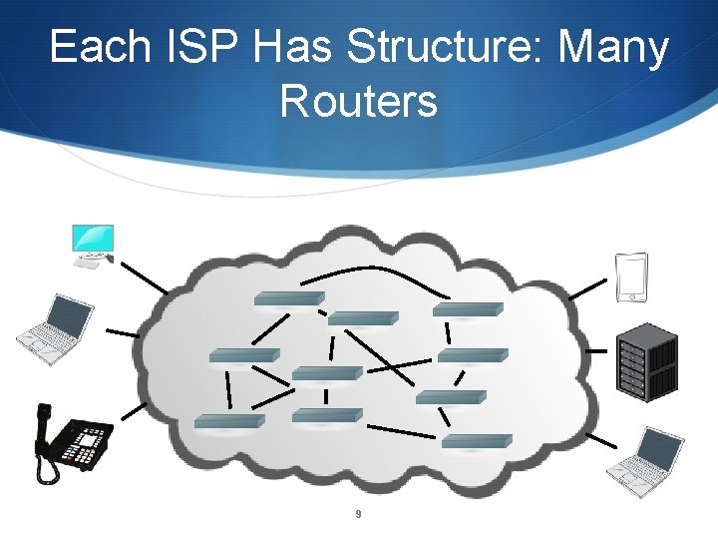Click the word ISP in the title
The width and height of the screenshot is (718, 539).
point(186,47)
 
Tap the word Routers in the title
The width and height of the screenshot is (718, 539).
point(359,100)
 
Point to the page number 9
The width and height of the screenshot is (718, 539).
point(358,514)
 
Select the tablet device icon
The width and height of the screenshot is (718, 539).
point(632,277)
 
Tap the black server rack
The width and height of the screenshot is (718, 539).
point(647,361)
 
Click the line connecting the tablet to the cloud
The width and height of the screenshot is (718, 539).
point(586,289)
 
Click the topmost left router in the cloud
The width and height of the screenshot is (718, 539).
point(288,297)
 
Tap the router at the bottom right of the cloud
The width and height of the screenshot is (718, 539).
point(476,440)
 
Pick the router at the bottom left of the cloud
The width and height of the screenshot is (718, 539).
point(228,420)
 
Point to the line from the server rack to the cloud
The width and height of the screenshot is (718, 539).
point(597,350)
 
